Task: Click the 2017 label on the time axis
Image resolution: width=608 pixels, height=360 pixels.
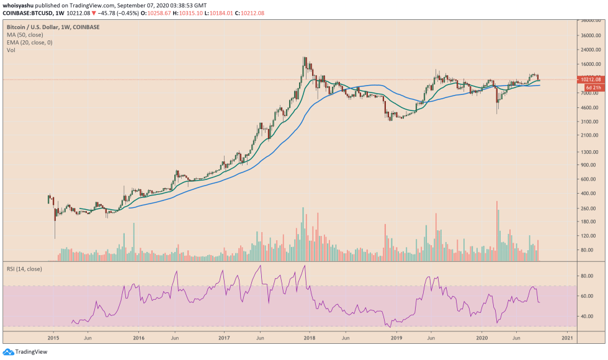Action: pyautogui.click(x=224, y=338)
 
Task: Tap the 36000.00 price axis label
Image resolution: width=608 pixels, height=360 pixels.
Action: pyautogui.click(x=588, y=35)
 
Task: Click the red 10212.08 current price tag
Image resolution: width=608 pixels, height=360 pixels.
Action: pyautogui.click(x=588, y=79)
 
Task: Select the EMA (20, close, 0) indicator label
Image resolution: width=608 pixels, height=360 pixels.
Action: pyautogui.click(x=30, y=42)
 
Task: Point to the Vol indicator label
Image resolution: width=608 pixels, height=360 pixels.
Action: pyautogui.click(x=11, y=50)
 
